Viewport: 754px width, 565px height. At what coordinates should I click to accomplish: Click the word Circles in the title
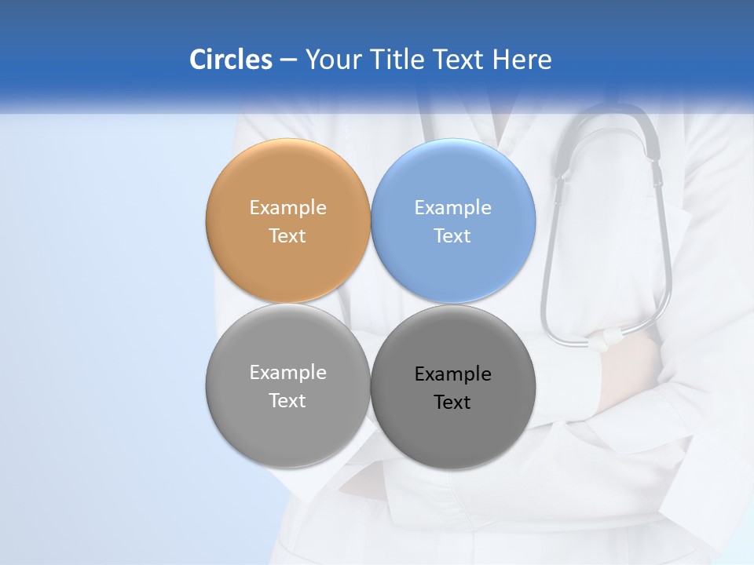click(230, 60)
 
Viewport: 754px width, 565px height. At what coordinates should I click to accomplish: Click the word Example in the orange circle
click(287, 207)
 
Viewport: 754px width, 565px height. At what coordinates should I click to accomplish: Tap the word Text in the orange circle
click(287, 235)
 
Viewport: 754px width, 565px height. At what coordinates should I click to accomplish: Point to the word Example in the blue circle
click(452, 207)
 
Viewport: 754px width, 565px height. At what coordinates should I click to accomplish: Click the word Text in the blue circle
click(452, 235)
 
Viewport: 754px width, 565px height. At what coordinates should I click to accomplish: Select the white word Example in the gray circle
click(287, 372)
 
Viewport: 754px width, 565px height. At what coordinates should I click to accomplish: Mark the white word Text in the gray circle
click(287, 400)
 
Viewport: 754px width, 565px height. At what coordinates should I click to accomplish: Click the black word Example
click(452, 374)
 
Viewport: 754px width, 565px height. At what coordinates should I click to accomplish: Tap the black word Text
click(452, 402)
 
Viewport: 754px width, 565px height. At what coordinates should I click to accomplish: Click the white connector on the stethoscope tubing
click(609, 339)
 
